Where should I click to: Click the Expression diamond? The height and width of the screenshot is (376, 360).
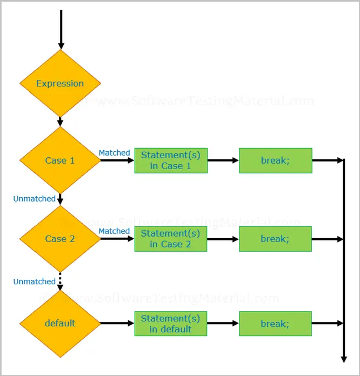tap(60, 83)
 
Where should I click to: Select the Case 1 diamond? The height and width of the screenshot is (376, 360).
tap(60, 160)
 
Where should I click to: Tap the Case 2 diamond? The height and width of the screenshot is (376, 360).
tap(60, 239)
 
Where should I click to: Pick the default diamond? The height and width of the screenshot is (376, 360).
tap(60, 323)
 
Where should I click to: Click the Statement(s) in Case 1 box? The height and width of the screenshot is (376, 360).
tap(171, 160)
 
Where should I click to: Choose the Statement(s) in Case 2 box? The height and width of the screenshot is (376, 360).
tap(171, 239)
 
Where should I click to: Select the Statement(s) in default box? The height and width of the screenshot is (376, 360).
tap(171, 324)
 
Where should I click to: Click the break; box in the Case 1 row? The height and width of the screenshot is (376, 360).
tap(276, 160)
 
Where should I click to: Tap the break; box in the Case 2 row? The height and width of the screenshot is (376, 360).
tap(275, 239)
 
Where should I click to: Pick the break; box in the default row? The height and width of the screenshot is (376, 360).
tap(275, 324)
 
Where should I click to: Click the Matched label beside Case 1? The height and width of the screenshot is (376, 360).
tap(114, 153)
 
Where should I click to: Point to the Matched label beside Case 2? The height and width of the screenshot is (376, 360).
tap(114, 231)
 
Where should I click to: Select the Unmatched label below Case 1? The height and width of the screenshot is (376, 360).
tap(34, 199)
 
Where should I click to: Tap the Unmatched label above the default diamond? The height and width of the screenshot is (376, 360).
tap(34, 281)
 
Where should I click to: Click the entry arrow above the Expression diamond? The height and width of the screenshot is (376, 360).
tap(61, 30)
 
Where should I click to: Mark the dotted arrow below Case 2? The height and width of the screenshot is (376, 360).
tap(60, 281)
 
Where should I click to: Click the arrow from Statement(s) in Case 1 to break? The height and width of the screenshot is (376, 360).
tap(223, 160)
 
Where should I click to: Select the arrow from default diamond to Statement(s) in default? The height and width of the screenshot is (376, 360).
tap(117, 323)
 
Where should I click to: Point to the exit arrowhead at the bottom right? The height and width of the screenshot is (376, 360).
tap(344, 359)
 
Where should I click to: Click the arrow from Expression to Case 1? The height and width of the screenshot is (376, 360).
tap(60, 122)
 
